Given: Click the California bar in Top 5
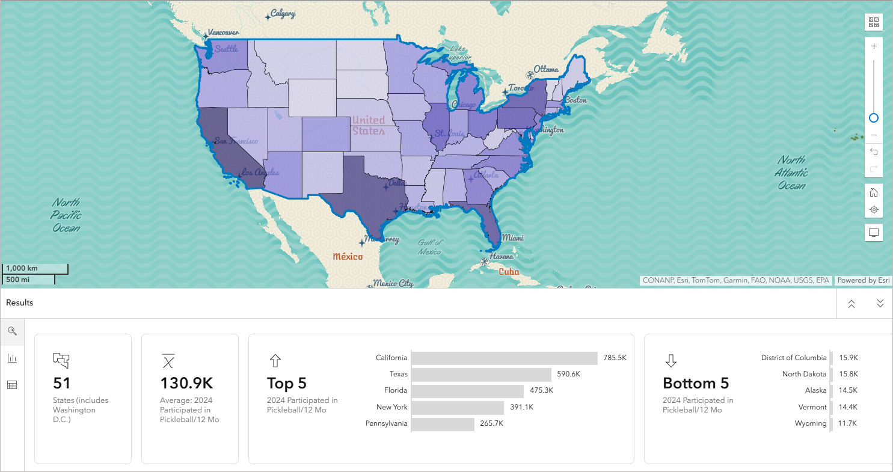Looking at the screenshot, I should [x=505, y=358].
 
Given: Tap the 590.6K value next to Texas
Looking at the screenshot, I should [x=568, y=374].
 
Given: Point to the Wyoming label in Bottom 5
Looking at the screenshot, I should [x=810, y=423].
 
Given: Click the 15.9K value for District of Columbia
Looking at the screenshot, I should [x=849, y=358].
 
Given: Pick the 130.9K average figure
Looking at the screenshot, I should [x=186, y=383].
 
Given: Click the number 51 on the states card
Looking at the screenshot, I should [x=62, y=383].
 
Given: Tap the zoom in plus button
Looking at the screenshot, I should [x=874, y=46].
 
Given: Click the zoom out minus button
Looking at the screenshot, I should [x=874, y=135].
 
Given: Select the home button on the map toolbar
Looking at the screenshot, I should [x=874, y=192].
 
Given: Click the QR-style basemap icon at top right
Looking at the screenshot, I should [x=874, y=23].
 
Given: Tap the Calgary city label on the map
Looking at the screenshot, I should [x=282, y=13].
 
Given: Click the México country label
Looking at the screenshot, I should [x=348, y=257].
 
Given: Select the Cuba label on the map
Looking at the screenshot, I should [x=509, y=271].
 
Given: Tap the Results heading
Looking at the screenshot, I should [x=20, y=302].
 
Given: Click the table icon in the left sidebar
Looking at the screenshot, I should [x=12, y=385].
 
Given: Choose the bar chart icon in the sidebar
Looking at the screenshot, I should [x=12, y=358].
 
